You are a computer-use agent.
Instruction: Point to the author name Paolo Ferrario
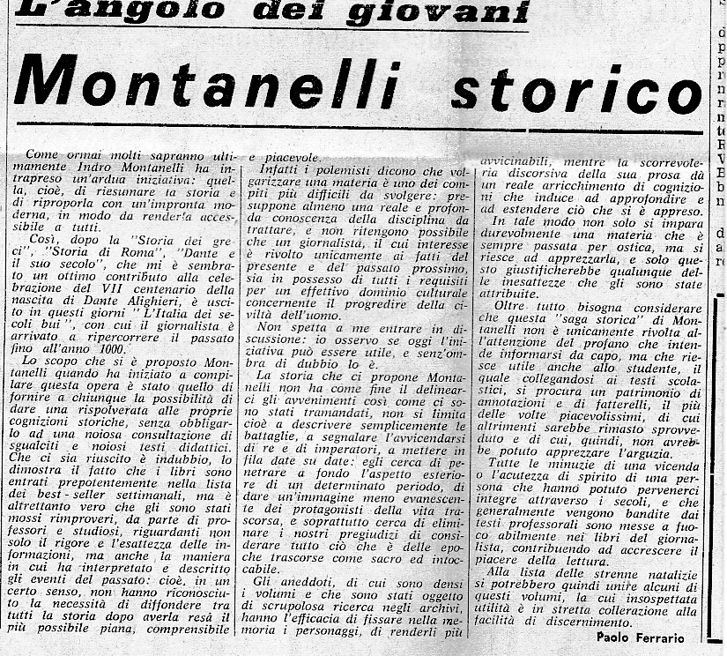(641, 637)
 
